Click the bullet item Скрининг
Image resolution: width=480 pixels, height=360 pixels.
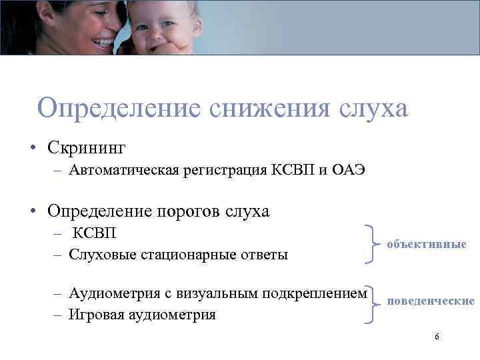[x=86, y=145]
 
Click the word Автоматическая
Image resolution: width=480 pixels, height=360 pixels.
[x=124, y=170]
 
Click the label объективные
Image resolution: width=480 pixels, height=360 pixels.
[x=427, y=245]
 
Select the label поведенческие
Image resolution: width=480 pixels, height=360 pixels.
[x=431, y=301]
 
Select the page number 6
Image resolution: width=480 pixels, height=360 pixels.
[x=437, y=337]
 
